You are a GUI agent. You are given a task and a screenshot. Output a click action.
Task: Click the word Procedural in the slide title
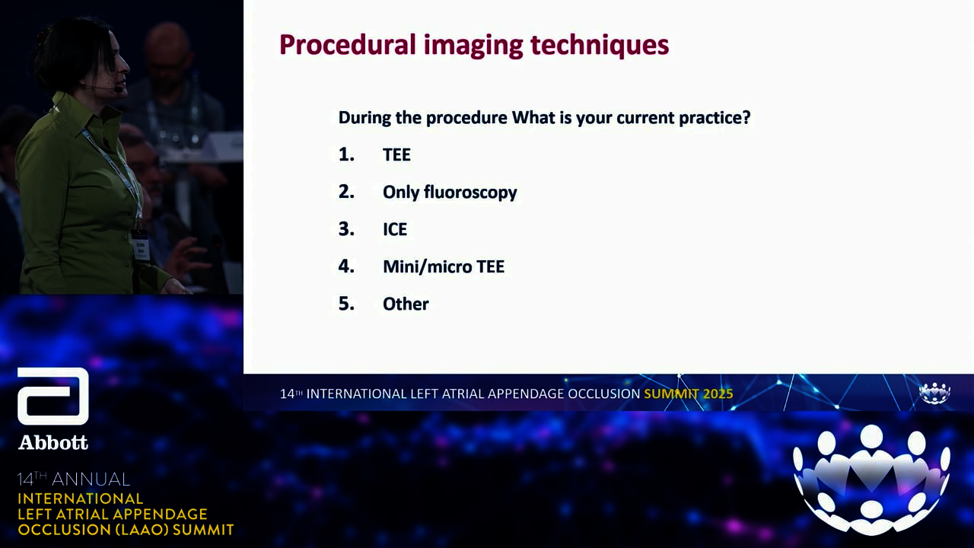click(348, 44)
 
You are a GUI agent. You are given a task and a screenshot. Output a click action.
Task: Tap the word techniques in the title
click(600, 45)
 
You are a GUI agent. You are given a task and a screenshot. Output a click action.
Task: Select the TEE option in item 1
click(396, 155)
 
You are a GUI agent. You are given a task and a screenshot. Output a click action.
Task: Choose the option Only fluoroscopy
click(450, 193)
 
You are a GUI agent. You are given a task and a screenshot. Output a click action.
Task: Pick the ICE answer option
click(395, 229)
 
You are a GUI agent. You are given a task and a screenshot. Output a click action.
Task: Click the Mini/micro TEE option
click(444, 266)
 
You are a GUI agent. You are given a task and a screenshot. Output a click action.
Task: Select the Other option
click(406, 304)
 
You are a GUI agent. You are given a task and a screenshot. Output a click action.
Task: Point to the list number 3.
click(346, 229)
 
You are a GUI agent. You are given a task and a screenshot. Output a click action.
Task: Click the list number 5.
click(346, 304)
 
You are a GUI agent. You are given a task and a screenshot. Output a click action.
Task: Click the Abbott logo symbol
click(53, 396)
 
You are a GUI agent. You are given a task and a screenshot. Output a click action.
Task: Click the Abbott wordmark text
click(53, 442)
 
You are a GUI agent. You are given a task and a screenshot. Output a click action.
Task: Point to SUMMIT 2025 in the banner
click(689, 393)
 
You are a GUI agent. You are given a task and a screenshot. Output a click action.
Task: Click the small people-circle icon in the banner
click(934, 393)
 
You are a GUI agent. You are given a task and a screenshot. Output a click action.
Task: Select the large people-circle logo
click(871, 479)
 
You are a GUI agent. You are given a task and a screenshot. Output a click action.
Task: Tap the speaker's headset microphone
click(117, 89)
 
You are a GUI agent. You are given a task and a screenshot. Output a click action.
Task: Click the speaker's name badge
click(140, 246)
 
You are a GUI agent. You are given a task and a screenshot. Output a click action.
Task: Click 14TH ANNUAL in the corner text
click(74, 479)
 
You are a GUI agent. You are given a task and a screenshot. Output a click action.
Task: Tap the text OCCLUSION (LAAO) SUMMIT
click(126, 530)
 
